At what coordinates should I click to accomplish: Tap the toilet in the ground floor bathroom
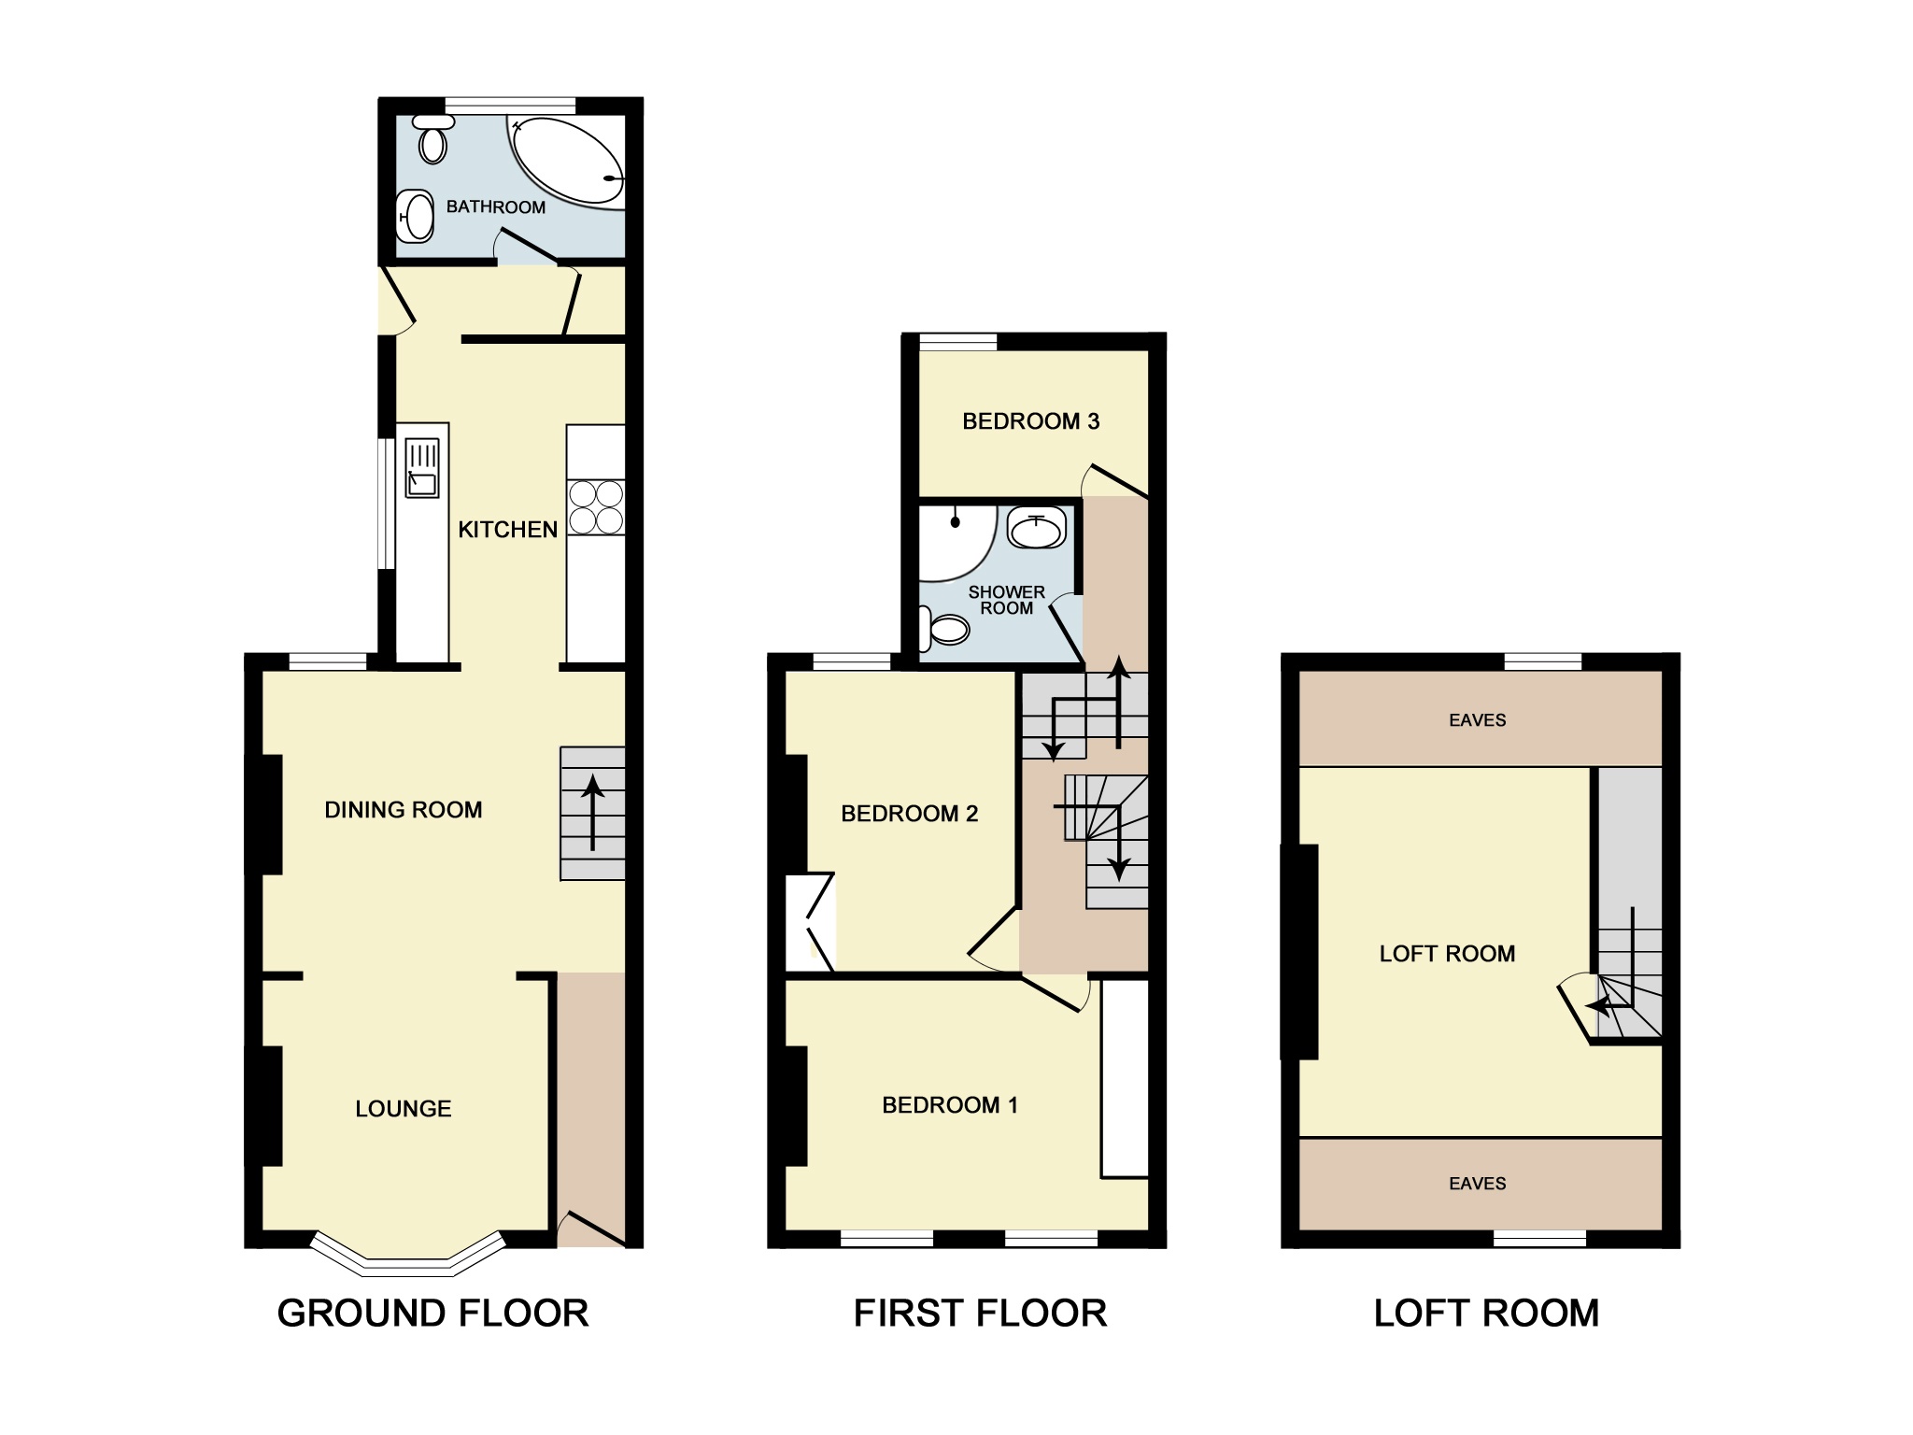click(x=432, y=142)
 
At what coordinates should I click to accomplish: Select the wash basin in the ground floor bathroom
click(x=418, y=216)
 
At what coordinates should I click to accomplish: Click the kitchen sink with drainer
click(x=422, y=469)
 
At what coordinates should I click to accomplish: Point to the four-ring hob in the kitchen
click(x=596, y=506)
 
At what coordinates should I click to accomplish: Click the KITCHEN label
click(x=507, y=530)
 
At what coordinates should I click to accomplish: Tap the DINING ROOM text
click(x=403, y=810)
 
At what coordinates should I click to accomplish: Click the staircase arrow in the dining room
click(x=591, y=813)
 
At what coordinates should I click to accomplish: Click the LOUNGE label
click(x=403, y=1109)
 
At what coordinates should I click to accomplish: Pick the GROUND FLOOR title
click(x=432, y=1314)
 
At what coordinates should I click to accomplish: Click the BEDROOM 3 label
click(x=1030, y=421)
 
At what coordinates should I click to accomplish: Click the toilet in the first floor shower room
click(x=944, y=630)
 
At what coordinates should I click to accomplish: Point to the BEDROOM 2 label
click(x=909, y=814)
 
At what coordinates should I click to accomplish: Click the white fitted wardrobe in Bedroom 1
click(x=1124, y=1077)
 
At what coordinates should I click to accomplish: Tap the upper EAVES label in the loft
click(x=1477, y=720)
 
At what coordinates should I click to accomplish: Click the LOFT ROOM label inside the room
click(x=1447, y=954)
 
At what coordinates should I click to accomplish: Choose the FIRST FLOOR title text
click(x=980, y=1314)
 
